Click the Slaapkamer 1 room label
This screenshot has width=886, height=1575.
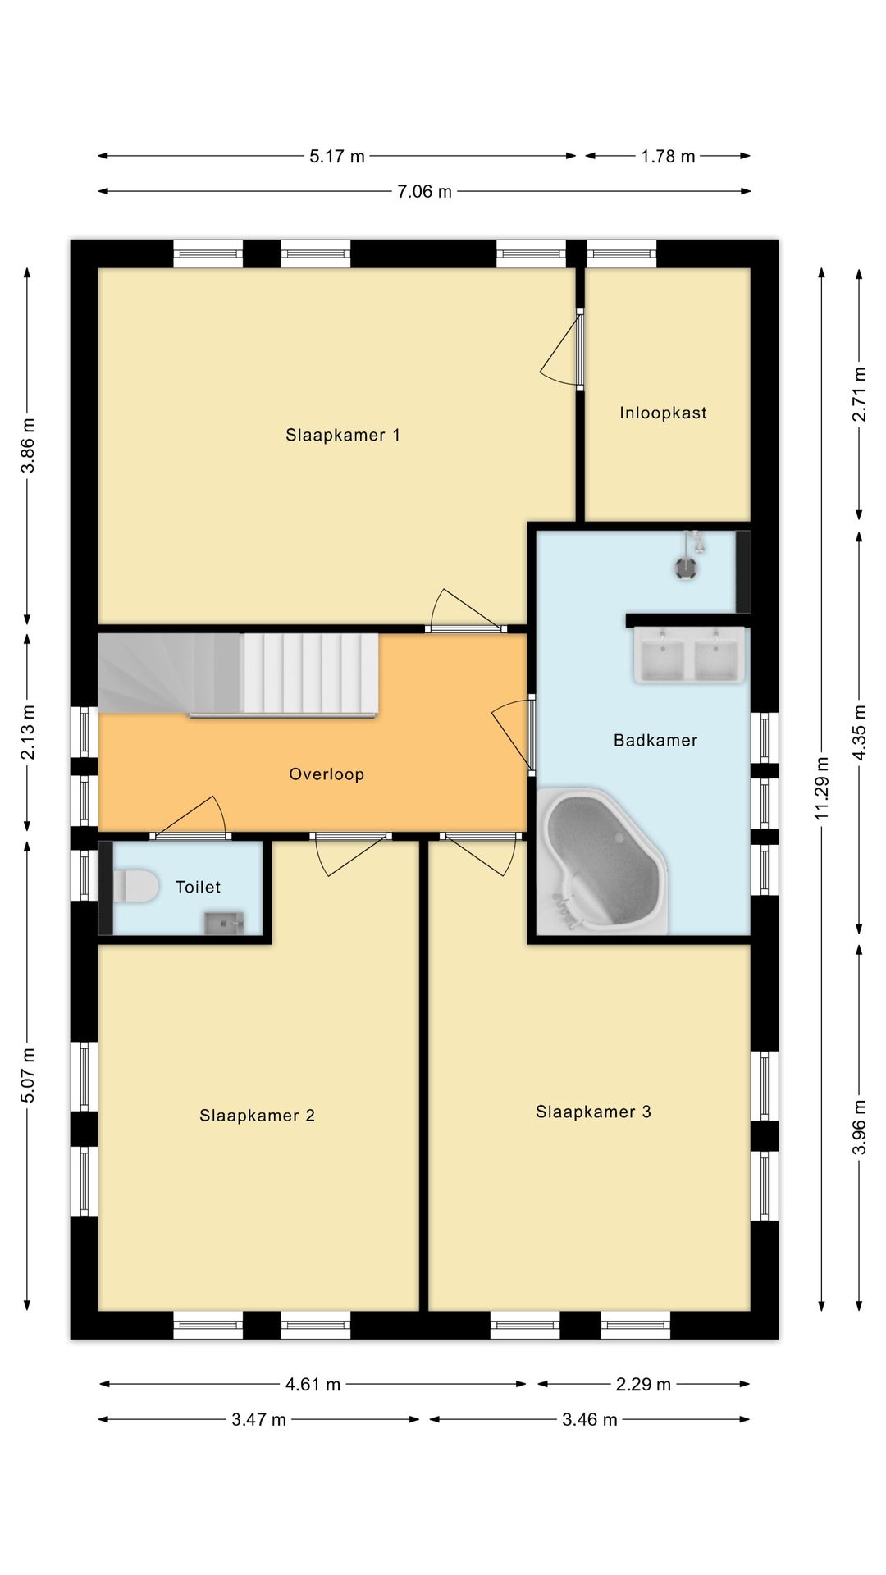(343, 435)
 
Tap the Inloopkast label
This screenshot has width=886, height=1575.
(663, 413)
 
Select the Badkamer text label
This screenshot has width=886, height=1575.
(655, 740)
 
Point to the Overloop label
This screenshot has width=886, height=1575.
(327, 774)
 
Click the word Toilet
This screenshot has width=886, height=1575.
(198, 887)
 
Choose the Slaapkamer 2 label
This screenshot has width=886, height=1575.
(257, 1115)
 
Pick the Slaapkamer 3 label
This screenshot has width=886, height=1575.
(593, 1112)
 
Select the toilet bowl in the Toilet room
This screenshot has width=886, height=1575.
(135, 887)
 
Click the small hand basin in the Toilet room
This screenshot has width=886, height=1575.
(224, 924)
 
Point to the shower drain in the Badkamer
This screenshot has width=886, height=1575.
(686, 568)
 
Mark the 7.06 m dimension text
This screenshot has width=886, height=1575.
(424, 192)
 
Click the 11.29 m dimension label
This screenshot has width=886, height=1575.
(822, 788)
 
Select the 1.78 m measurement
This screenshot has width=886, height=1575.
(668, 157)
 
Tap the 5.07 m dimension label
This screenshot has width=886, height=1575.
(28, 1075)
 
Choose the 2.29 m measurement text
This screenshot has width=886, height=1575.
(643, 1385)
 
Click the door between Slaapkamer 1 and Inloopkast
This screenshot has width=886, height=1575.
(561, 349)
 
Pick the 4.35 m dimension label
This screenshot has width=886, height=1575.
(860, 733)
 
